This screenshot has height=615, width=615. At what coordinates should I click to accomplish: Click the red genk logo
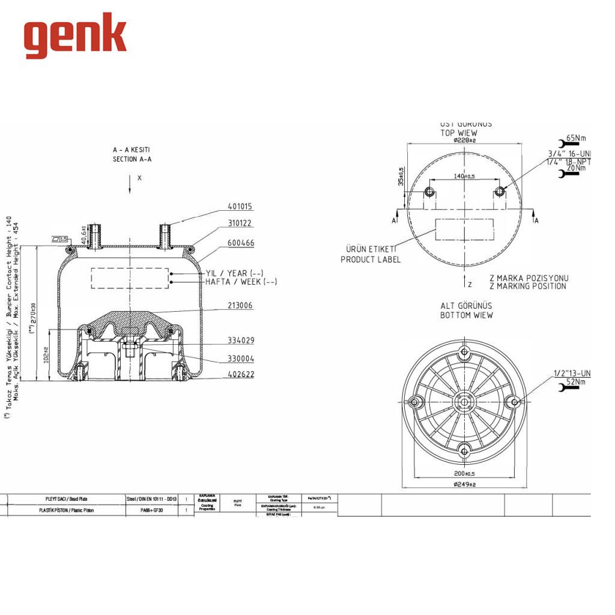click(75, 36)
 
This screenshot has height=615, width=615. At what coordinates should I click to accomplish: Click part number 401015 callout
click(240, 207)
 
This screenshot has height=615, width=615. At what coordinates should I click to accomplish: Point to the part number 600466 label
click(240, 243)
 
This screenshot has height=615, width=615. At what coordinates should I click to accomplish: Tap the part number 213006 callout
click(240, 306)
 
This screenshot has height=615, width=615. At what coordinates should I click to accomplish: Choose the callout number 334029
click(240, 341)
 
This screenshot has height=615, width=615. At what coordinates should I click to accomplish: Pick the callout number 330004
click(240, 359)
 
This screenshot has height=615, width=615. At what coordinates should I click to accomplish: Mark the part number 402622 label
click(240, 375)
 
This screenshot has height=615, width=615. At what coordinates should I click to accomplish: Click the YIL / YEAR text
click(234, 273)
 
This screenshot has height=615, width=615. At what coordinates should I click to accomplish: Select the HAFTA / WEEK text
click(241, 282)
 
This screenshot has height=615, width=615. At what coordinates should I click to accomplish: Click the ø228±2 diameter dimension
click(465, 140)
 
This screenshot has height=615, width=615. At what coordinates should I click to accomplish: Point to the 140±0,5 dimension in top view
click(464, 177)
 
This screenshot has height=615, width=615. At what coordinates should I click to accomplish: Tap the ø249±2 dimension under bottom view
click(464, 484)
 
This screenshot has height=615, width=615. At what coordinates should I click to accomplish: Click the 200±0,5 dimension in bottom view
click(464, 473)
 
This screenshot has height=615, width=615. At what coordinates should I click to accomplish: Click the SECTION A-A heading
click(132, 159)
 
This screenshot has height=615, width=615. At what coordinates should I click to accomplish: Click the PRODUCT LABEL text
click(370, 259)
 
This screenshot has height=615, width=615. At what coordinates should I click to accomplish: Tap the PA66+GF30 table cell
click(148, 510)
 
